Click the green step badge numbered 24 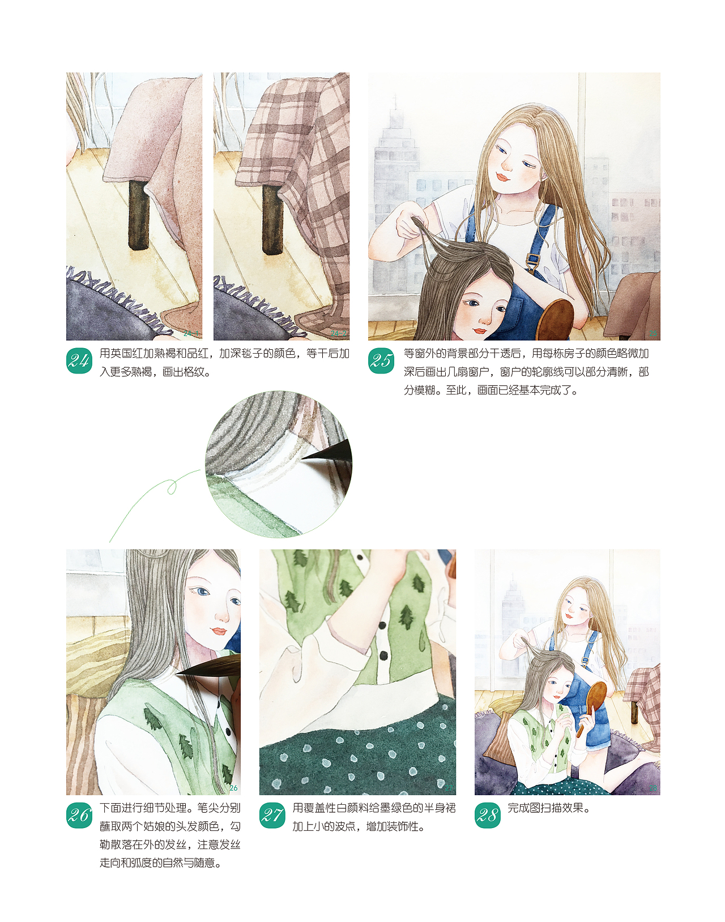[x=79, y=361]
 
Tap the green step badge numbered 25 [x=381, y=361]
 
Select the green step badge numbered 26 [x=79, y=815]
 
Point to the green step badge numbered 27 [x=272, y=815]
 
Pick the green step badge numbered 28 [x=488, y=815]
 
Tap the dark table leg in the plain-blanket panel [x=139, y=215]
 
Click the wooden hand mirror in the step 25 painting [x=555, y=319]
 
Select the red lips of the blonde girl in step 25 [x=502, y=177]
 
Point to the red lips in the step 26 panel [x=219, y=631]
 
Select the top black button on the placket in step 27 [x=382, y=625]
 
